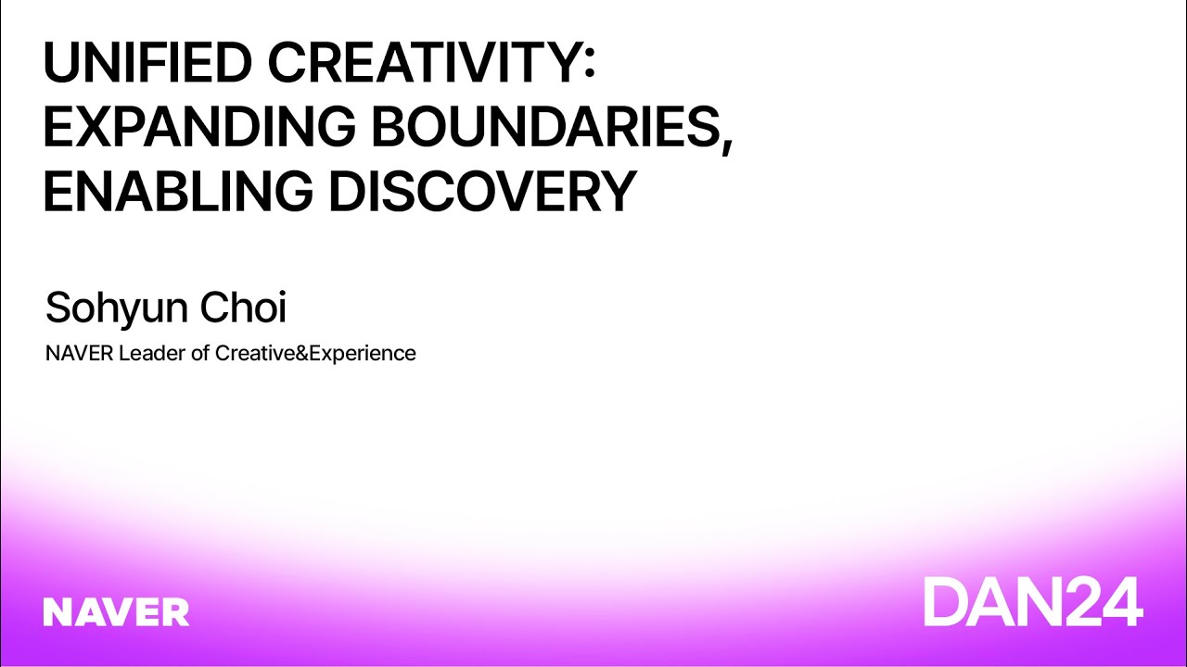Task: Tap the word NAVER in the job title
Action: (79, 353)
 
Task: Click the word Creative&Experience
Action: (315, 353)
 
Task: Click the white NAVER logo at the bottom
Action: (116, 611)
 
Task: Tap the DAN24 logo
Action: (1032, 601)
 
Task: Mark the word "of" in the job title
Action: (200, 353)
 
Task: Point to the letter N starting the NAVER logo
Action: (57, 611)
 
